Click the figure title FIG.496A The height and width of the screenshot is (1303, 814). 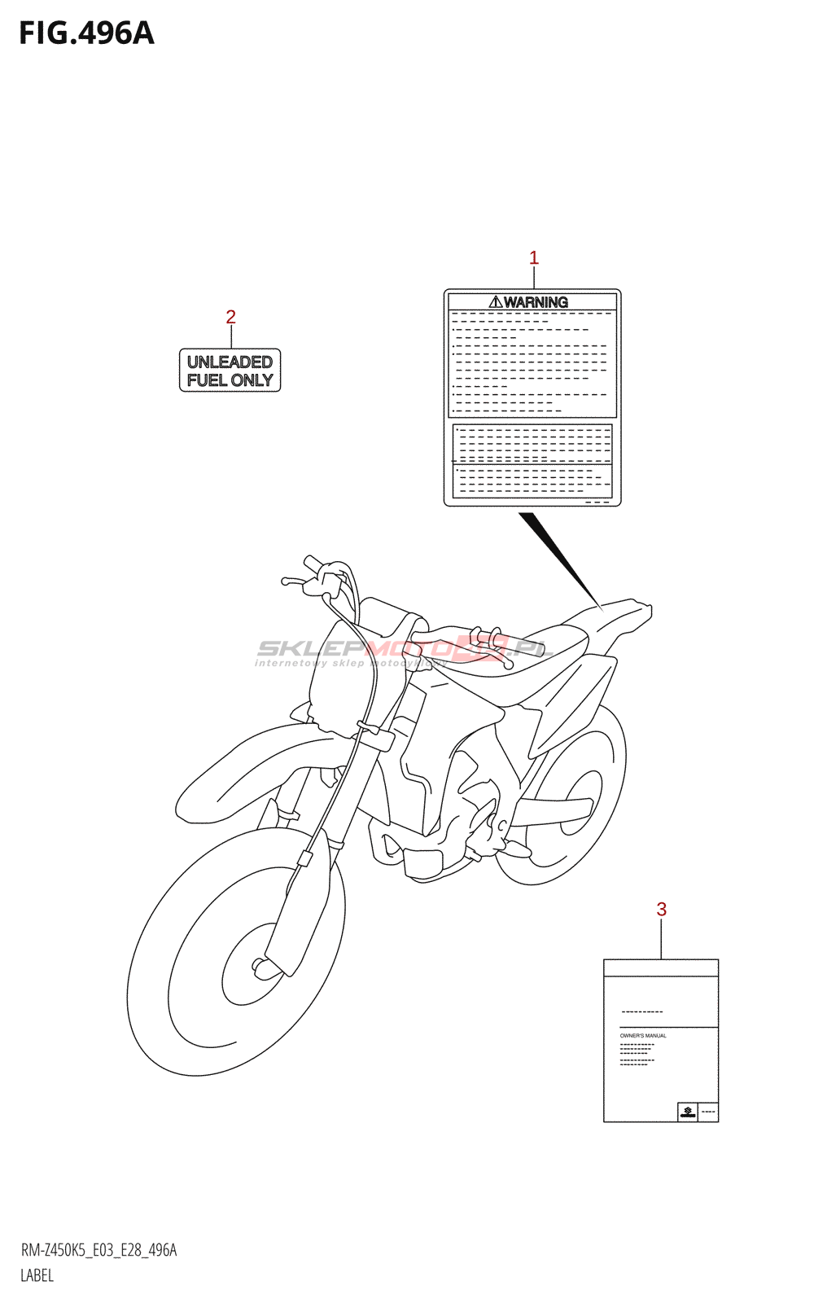pyautogui.click(x=86, y=33)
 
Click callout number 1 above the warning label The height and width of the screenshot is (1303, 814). pyautogui.click(x=534, y=258)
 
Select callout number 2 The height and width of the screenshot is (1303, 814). pyautogui.click(x=230, y=317)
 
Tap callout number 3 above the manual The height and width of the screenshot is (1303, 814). pyautogui.click(x=661, y=910)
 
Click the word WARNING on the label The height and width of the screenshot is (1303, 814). pyautogui.click(x=536, y=302)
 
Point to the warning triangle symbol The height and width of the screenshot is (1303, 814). pyautogui.click(x=495, y=302)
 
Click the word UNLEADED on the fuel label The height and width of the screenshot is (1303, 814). pyautogui.click(x=230, y=362)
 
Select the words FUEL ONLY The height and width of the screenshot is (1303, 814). pyautogui.click(x=230, y=380)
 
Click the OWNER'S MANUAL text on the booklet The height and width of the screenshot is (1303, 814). pyautogui.click(x=643, y=1036)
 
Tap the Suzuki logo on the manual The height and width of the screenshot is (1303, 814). pyautogui.click(x=688, y=1112)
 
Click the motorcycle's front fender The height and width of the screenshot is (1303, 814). pyautogui.click(x=244, y=766)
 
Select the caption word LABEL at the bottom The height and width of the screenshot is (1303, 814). pyautogui.click(x=37, y=1275)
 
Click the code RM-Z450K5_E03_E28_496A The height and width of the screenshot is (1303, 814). pyautogui.click(x=98, y=1250)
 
